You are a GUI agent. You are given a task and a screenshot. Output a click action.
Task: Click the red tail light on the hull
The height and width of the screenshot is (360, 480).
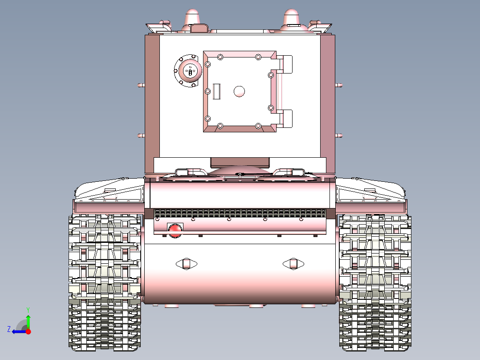tap(175, 229)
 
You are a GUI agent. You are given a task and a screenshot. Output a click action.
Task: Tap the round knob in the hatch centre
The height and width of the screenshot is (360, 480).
tap(240, 91)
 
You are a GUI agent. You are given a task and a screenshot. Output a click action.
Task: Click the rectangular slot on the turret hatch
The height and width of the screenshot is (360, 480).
tap(217, 91)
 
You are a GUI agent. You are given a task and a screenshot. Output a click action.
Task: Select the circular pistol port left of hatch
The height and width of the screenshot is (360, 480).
tap(188, 71)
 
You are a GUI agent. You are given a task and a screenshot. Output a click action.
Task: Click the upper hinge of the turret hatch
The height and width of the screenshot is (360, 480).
tap(285, 64)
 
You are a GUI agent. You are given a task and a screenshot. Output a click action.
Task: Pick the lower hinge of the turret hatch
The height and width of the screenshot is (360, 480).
tap(285, 118)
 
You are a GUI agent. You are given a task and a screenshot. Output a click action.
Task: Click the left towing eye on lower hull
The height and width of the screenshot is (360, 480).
tap(186, 263)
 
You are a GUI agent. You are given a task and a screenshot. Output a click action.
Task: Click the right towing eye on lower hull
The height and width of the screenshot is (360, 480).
tap(293, 263)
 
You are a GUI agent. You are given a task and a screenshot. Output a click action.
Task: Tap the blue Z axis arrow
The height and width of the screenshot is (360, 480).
tap(17, 331)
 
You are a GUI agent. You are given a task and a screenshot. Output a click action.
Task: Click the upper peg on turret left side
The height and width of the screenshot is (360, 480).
tap(141, 84)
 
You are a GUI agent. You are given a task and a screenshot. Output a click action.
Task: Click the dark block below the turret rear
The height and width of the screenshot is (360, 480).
tap(240, 162)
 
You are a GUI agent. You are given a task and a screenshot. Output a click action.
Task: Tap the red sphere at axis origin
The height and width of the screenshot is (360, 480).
tap(28, 331)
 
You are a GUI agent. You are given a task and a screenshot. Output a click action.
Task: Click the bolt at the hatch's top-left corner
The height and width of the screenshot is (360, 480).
tap(220, 57)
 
